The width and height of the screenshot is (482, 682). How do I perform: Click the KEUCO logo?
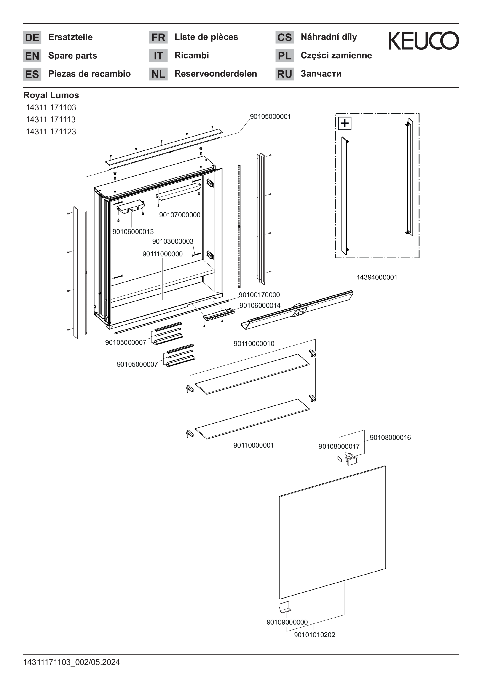tap(423, 41)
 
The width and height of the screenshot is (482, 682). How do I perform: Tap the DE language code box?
tap(32, 38)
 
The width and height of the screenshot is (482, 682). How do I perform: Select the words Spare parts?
tap(72, 56)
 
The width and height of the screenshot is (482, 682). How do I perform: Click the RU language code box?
tap(284, 74)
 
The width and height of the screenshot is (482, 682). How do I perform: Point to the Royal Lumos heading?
tap(51, 95)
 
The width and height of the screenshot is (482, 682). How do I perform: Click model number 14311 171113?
tap(51, 119)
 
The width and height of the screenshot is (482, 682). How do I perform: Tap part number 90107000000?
tap(180, 215)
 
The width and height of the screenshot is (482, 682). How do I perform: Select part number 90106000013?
tap(133, 231)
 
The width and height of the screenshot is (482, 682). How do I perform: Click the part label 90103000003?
tap(173, 241)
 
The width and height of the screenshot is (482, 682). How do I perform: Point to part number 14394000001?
tap(377, 277)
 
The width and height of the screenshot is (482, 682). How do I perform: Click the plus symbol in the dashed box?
tap(345, 123)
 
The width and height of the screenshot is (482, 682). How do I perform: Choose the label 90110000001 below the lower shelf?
tap(253, 445)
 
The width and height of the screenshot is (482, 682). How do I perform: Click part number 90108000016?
tap(390, 437)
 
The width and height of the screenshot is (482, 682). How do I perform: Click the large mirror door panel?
tap(332, 532)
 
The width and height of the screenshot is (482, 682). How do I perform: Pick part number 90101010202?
tap(314, 634)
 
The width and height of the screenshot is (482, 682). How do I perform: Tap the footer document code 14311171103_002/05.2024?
tap(72, 662)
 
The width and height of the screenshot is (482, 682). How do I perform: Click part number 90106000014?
tap(260, 305)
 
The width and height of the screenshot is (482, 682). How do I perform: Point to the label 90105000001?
tap(270, 116)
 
